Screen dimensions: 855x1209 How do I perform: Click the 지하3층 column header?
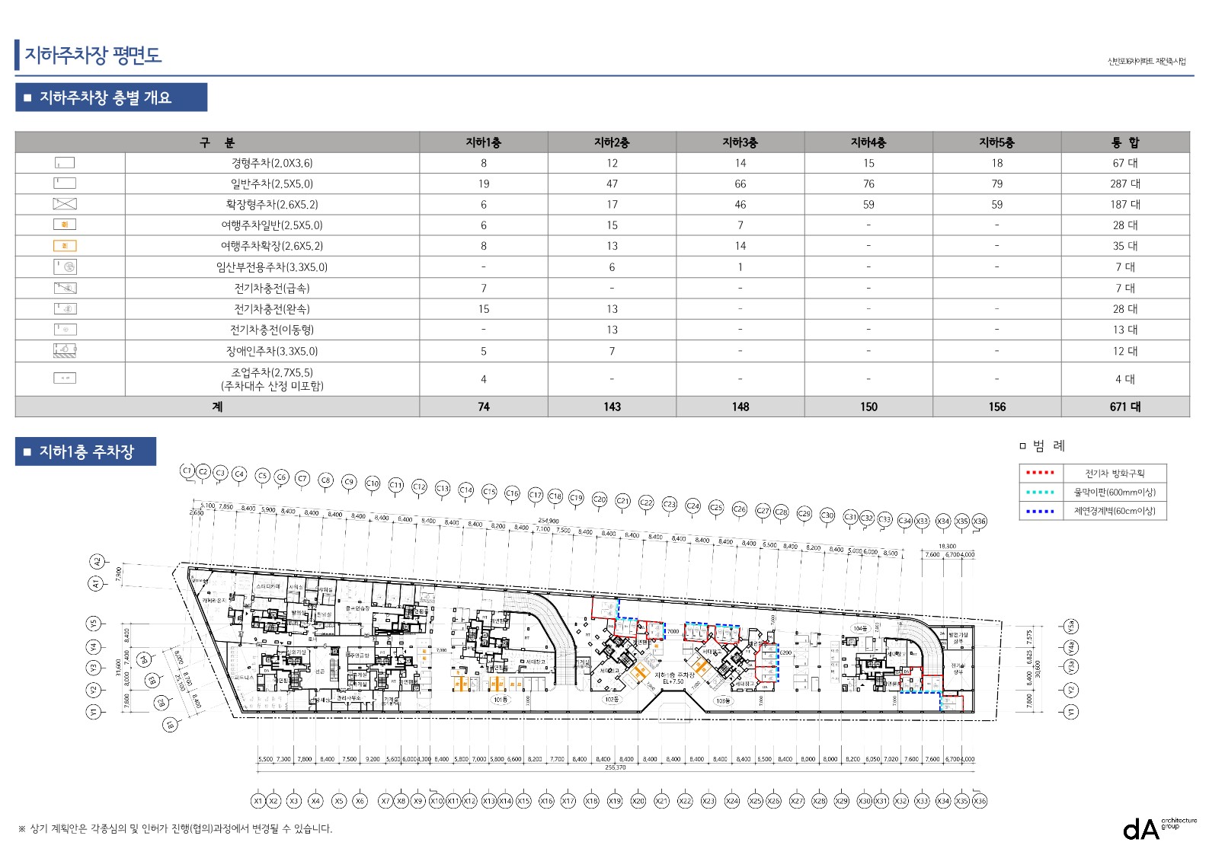pos(740,142)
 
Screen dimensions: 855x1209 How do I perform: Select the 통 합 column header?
pos(1124,142)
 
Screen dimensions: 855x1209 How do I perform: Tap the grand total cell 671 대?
pos(1124,407)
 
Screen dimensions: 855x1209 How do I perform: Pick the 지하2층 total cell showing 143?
pos(612,407)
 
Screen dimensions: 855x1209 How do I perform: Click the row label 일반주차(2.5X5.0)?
pos(272,183)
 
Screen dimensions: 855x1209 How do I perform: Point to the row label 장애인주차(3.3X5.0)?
pos(272,351)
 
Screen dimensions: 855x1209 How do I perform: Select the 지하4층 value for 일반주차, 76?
pos(868,183)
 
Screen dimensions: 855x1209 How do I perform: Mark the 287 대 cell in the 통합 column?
pos(1124,183)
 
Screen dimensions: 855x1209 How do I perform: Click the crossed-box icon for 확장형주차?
pos(65,204)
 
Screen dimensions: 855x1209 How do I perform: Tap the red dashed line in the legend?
pos(1040,473)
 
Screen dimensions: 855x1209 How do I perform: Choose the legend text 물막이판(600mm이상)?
pos(1115,492)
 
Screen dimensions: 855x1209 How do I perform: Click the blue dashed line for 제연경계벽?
pos(1040,511)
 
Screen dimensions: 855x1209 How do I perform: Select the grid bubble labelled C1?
pos(187,471)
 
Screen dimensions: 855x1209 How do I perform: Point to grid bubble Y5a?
pos(1070,627)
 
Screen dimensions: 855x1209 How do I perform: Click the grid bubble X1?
pos(258,801)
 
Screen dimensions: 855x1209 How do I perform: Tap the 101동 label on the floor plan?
pos(500,700)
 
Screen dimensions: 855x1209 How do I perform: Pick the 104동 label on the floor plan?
pos(859,629)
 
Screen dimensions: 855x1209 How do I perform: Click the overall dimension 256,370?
pos(616,767)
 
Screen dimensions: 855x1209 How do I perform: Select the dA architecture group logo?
pos(1157,828)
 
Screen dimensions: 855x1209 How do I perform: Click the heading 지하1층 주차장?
pos(86,451)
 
